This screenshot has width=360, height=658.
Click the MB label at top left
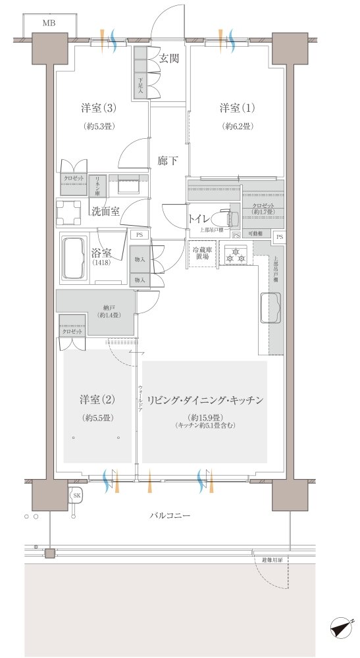click(49, 24)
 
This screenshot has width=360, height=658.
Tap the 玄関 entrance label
click(168, 59)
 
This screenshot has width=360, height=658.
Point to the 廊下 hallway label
click(168, 160)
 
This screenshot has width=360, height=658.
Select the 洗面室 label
click(105, 211)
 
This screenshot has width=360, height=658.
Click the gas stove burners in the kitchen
click(235, 256)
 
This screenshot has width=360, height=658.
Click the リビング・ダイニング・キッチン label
click(205, 399)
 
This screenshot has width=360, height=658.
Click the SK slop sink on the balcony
click(77, 495)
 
